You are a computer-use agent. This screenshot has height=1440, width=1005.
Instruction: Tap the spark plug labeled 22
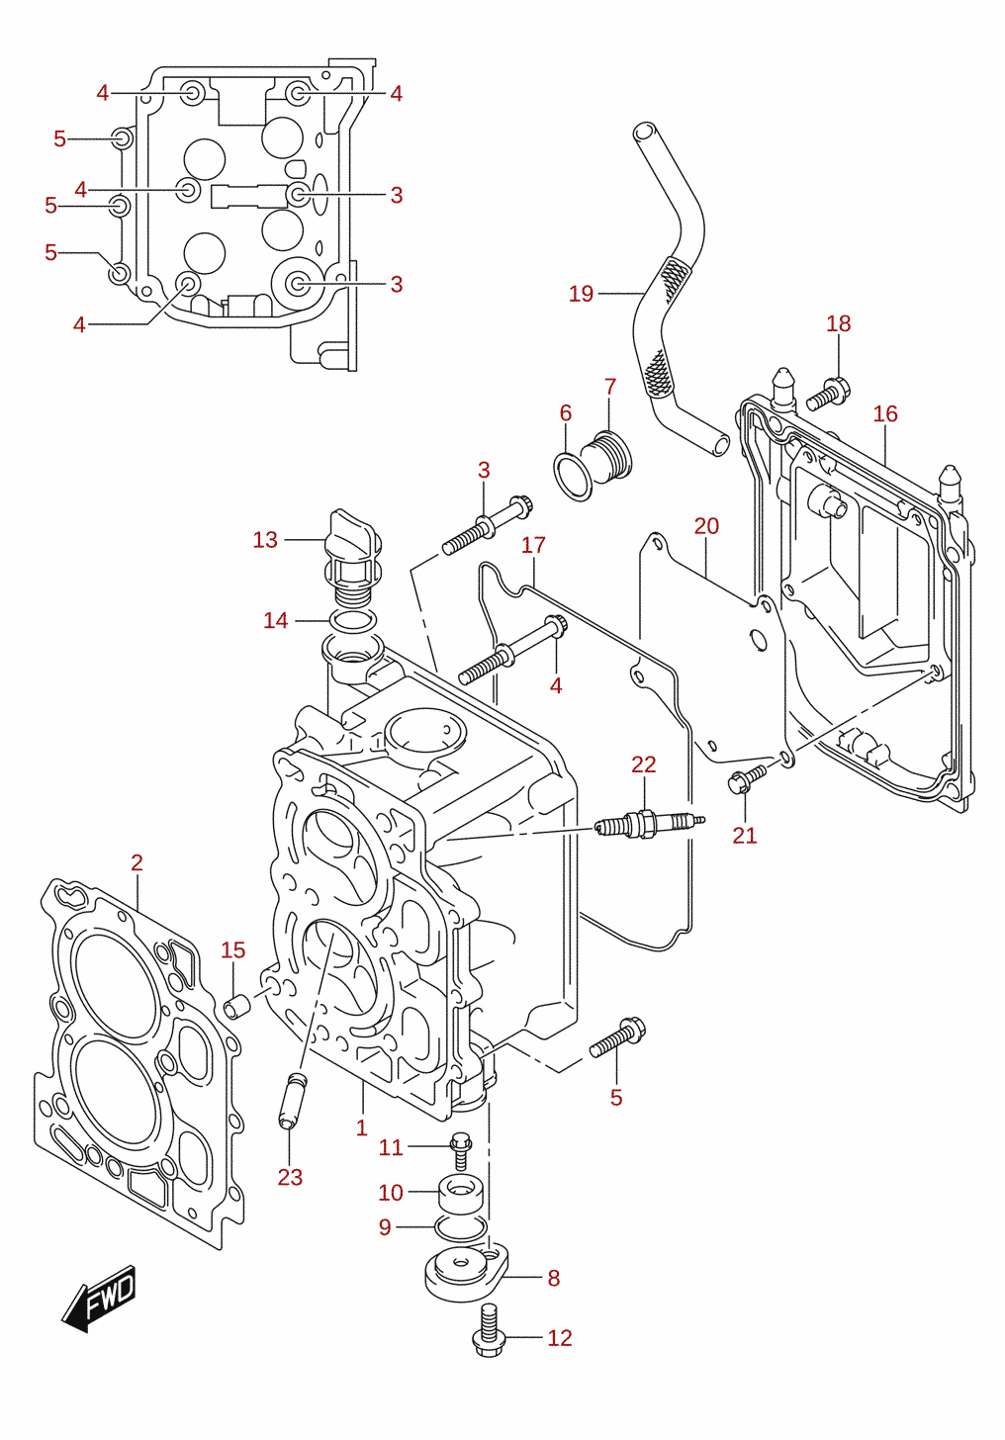[x=650, y=824]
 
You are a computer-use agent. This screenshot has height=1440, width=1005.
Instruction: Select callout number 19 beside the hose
[x=582, y=294]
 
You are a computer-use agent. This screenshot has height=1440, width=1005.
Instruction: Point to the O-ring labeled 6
[x=573, y=477]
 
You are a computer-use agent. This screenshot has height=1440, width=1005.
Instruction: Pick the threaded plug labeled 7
[x=606, y=457]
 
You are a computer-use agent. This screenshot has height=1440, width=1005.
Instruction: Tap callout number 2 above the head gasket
[x=137, y=862]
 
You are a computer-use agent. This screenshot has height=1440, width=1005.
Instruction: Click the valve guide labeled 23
[x=291, y=1101]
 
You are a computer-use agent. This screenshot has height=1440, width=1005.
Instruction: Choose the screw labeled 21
[x=747, y=778]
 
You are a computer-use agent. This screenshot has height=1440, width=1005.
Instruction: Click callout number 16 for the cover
[x=885, y=414]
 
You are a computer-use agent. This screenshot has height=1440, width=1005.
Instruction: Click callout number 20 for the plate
[x=706, y=526]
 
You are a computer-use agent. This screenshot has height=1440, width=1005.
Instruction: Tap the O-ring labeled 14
[x=352, y=620]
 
